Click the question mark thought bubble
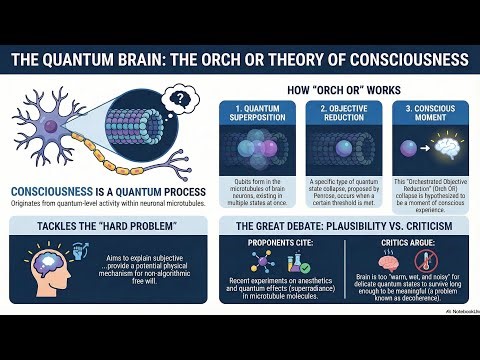pos(182,99)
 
